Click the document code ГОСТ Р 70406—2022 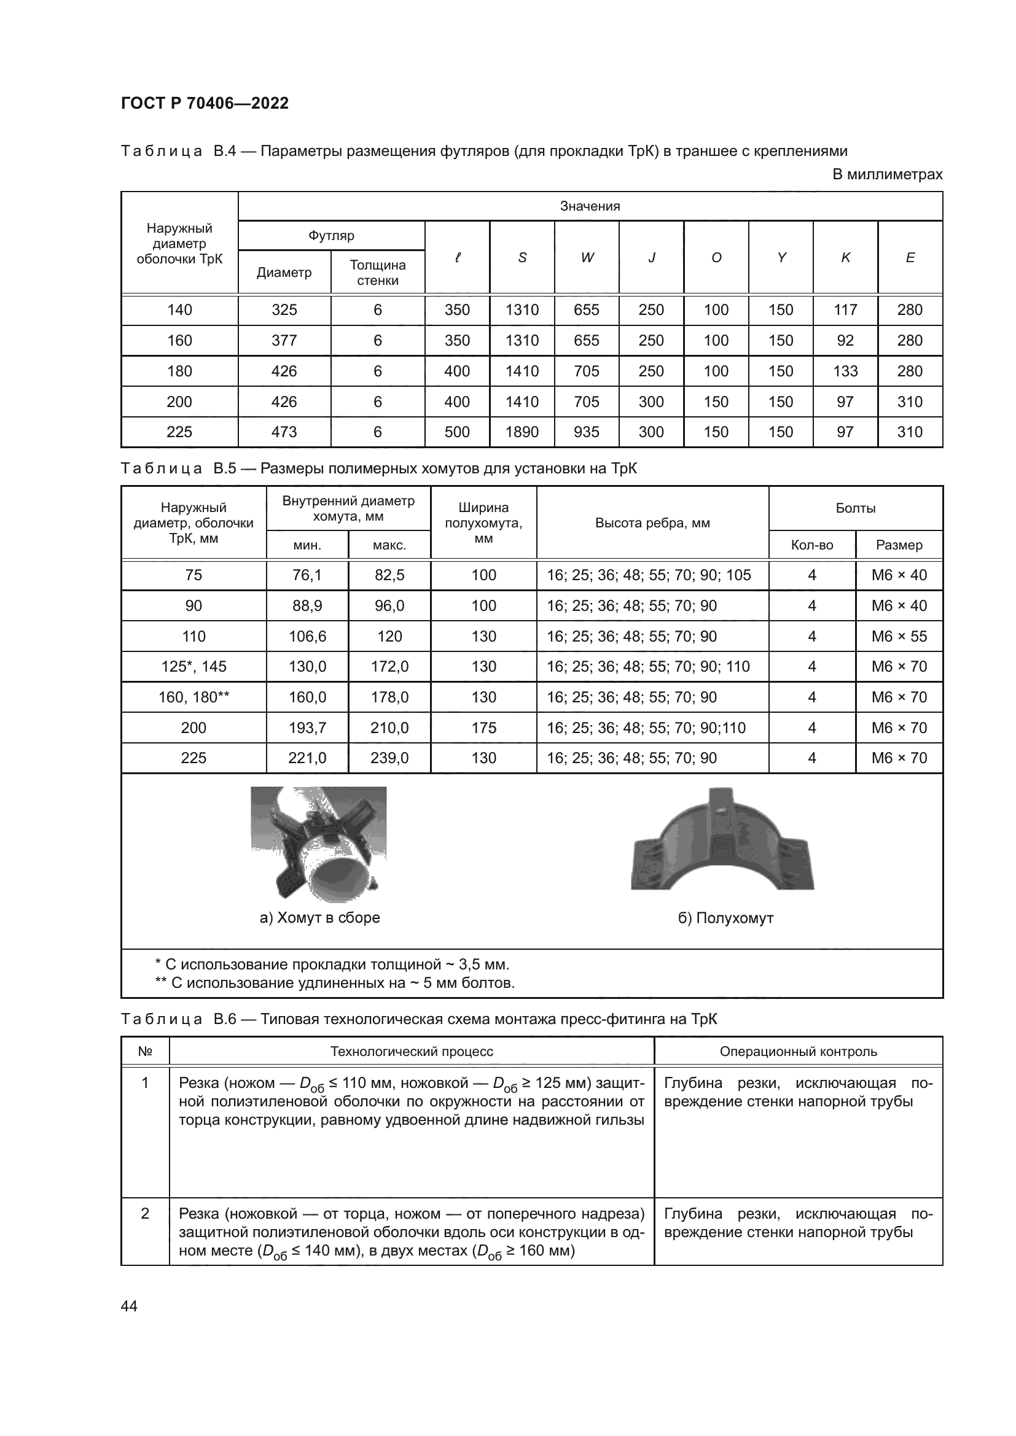205,103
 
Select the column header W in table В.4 586,257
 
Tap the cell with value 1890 522,432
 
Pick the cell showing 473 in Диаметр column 284,432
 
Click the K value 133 845,371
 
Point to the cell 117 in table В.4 845,309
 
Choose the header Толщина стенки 377,273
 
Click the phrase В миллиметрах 887,174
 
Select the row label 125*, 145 193,667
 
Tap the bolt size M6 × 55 899,636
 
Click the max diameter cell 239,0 389,758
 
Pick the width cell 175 483,728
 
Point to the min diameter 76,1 307,575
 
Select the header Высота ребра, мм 652,523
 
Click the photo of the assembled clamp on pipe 318,844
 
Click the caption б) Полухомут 725,918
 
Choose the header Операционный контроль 799,1051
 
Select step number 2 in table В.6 144,1213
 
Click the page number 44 129,1306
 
